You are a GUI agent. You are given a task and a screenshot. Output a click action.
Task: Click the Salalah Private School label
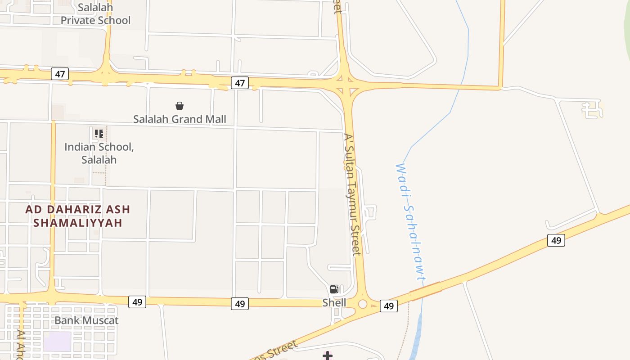[95, 14]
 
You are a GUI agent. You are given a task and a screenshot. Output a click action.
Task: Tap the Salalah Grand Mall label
[180, 119]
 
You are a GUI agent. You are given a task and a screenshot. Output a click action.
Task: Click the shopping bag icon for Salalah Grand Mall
[180, 106]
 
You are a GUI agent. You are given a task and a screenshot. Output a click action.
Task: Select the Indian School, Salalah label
[99, 153]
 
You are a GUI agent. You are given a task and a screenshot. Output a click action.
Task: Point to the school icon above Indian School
[99, 133]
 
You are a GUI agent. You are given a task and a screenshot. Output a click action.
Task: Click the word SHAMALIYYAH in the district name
[78, 223]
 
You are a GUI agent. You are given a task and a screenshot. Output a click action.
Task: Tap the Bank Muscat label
[86, 320]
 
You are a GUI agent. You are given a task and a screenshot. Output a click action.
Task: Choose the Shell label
[334, 303]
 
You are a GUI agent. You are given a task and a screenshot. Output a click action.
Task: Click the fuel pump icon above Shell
[334, 289]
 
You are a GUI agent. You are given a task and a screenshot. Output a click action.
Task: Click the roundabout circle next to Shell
[363, 304]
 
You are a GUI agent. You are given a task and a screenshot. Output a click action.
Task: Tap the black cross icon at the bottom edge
[328, 356]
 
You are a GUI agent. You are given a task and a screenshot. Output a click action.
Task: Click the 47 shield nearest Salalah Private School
[60, 74]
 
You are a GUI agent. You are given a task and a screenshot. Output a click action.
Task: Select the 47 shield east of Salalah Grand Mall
[240, 83]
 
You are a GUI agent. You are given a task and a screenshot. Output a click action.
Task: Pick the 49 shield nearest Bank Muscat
[137, 302]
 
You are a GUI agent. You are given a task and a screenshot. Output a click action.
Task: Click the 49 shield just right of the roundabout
[389, 306]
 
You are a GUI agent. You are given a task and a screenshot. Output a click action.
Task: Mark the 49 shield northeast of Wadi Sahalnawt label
[556, 240]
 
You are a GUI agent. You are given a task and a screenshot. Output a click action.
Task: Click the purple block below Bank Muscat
[57, 341]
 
